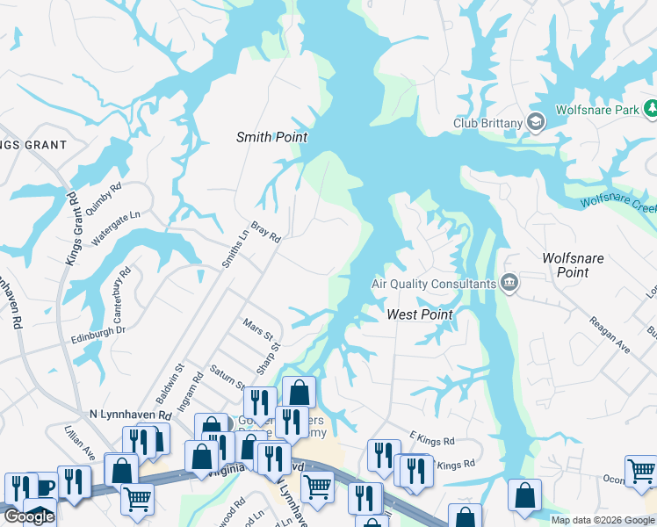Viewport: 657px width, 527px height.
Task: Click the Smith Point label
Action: [x=271, y=137]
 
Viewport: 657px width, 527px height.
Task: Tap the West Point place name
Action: [x=420, y=314]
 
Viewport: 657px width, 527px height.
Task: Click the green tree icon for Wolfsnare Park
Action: [x=652, y=110]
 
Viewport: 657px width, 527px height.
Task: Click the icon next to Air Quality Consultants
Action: [x=509, y=283]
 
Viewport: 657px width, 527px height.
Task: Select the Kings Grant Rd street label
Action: [x=71, y=230]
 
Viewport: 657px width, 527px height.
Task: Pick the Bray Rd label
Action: [x=265, y=232]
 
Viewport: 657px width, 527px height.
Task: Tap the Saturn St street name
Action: [x=226, y=376]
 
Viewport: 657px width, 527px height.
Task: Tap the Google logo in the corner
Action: [x=28, y=516]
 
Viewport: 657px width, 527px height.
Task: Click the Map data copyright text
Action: [x=602, y=520]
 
